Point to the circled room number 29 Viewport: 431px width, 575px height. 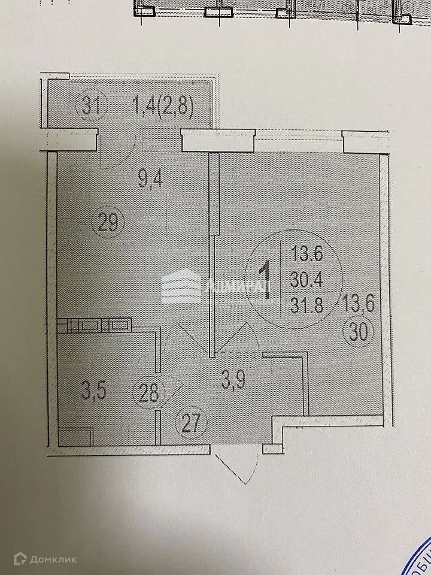tap(109, 224)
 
